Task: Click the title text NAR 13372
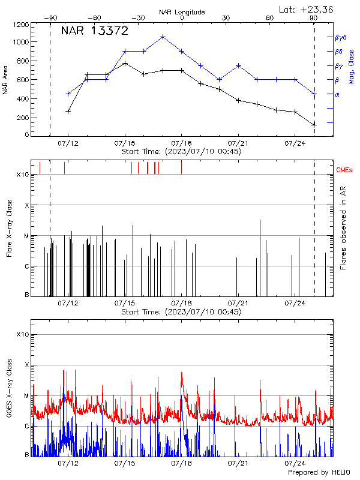click(x=95, y=32)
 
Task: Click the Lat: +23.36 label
click(x=307, y=9)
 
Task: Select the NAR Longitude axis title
click(x=182, y=11)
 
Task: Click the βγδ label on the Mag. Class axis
click(x=340, y=37)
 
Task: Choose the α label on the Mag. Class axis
click(x=337, y=94)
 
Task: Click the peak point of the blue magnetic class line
click(x=163, y=37)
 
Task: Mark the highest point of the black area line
click(x=125, y=63)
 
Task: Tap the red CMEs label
click(x=345, y=170)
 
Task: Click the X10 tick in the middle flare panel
click(x=23, y=175)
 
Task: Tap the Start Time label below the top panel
click(x=181, y=151)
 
